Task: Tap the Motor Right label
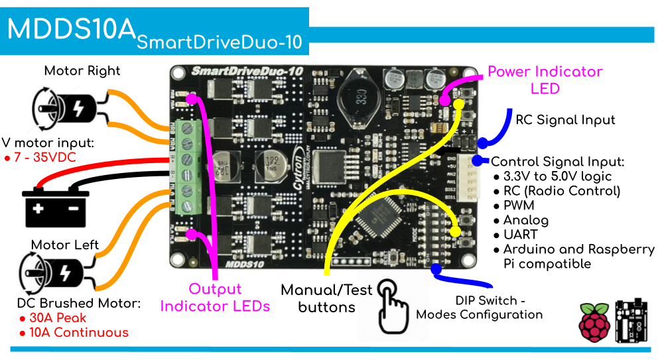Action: [82, 71]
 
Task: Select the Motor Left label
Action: [65, 245]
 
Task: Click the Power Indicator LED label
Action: [545, 80]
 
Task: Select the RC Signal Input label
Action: [565, 120]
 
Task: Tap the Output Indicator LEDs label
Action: [215, 298]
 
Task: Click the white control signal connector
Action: [478, 179]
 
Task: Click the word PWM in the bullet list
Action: [519, 206]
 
